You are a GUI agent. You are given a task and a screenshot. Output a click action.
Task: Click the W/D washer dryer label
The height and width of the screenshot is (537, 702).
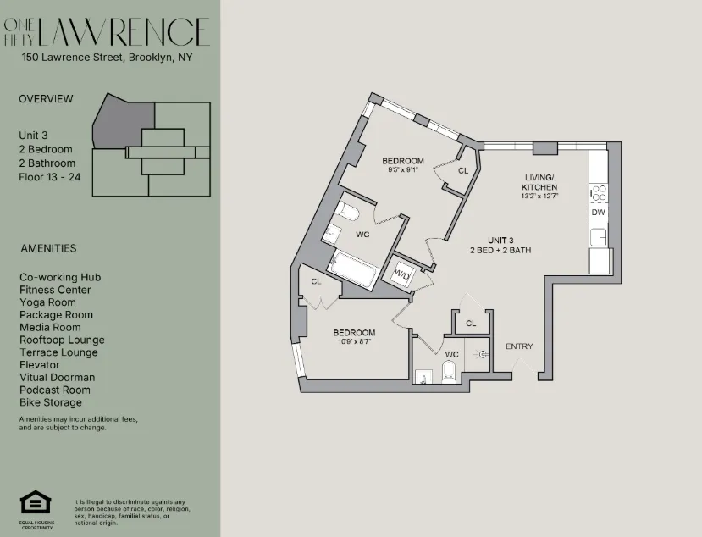point(401,274)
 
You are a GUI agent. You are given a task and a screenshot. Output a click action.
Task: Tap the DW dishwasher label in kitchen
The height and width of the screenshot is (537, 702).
point(599,213)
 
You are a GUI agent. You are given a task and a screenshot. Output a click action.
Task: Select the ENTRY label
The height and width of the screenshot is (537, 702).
point(519,346)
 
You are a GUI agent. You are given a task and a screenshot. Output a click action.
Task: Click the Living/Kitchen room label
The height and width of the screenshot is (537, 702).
point(539,181)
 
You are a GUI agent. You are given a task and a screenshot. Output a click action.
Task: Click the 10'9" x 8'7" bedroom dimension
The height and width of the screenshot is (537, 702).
point(353,343)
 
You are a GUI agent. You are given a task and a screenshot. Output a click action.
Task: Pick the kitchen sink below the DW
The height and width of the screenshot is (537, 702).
point(599,235)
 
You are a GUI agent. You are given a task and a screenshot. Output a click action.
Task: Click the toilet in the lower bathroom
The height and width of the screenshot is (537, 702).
point(450,370)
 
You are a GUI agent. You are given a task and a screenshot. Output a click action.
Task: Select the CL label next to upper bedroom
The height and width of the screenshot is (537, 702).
point(462,170)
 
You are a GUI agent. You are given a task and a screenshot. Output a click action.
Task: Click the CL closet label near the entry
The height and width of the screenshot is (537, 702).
point(471,323)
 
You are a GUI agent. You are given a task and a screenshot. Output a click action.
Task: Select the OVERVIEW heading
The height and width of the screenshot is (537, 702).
point(46,99)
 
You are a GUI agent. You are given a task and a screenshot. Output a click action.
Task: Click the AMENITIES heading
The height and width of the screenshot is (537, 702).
point(48,248)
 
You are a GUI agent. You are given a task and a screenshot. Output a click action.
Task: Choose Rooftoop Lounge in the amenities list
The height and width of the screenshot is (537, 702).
point(62,340)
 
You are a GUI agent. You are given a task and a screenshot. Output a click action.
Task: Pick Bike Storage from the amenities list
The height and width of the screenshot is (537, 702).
point(51,402)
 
